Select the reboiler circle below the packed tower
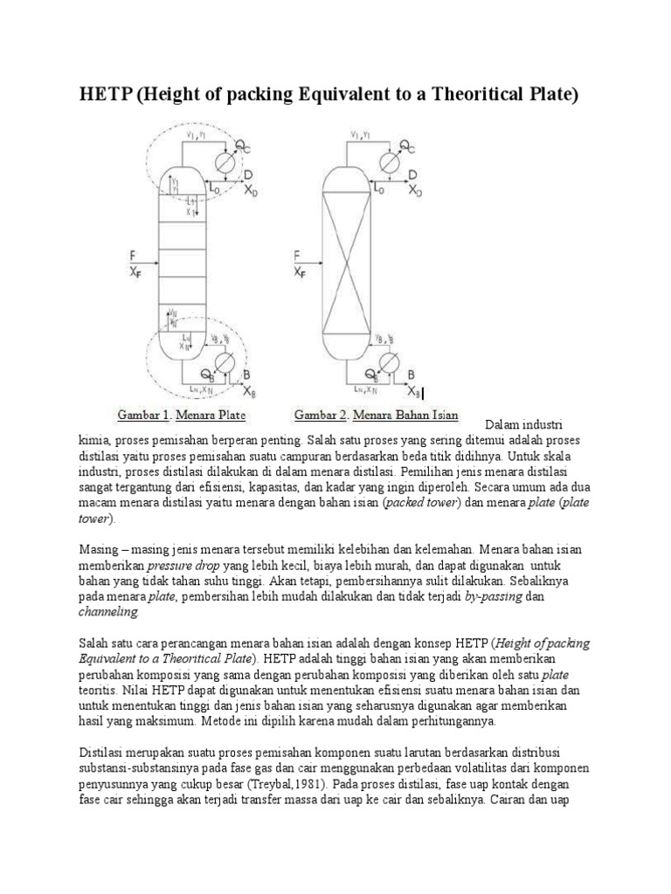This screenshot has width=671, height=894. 390,360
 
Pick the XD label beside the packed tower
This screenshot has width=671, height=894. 416,190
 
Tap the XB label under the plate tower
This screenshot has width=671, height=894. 250,389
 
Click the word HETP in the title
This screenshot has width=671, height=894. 107,94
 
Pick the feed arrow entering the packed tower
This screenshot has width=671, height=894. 306,265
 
